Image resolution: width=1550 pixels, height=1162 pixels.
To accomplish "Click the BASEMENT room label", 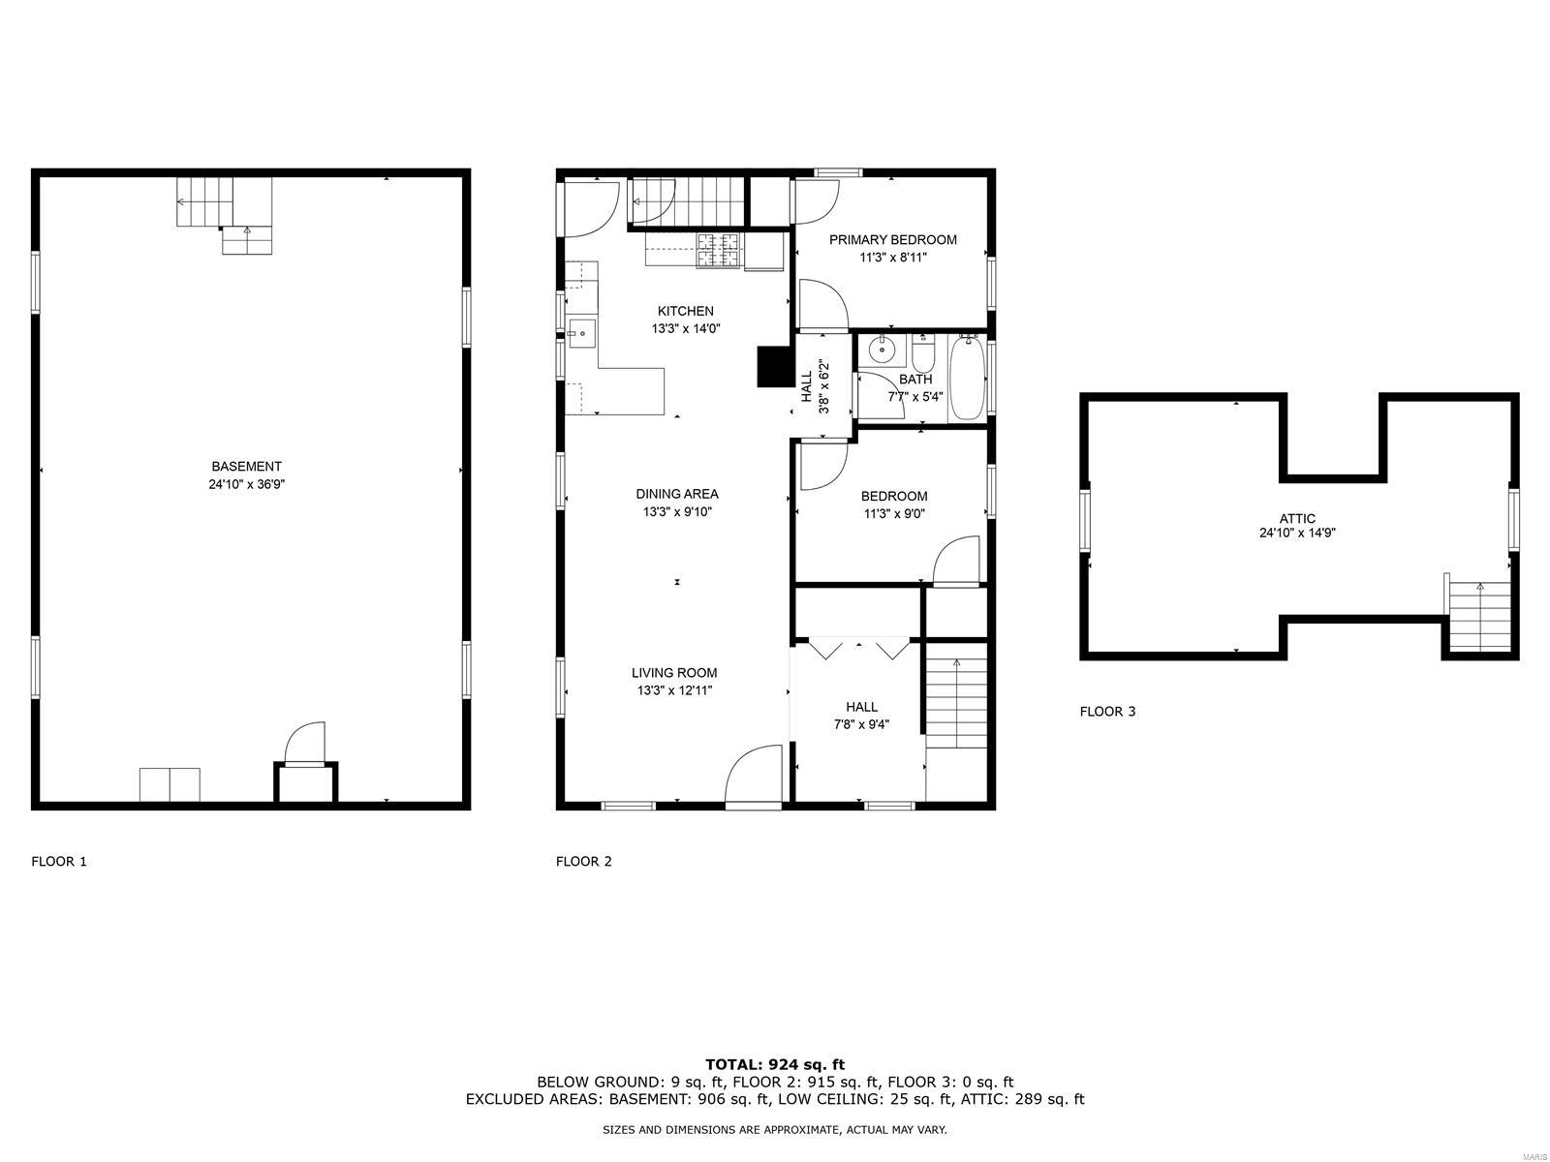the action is point(246,467).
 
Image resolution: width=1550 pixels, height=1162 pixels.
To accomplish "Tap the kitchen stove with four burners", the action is point(720,251).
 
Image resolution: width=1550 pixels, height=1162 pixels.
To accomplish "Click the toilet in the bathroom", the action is point(923,354).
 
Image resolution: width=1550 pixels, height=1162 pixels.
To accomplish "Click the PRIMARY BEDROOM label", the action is point(892,240).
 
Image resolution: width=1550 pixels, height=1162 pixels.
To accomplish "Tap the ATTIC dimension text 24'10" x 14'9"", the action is point(1297,534).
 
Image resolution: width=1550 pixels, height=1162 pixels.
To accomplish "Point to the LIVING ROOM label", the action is point(673,673).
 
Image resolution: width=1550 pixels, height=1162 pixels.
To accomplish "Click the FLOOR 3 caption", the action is point(1107,711).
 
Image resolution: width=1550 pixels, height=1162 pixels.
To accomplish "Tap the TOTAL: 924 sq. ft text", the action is point(775,1064).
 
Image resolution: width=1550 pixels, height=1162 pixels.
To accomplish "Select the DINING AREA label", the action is point(676,494).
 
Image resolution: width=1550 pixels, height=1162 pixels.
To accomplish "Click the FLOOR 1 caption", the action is point(59,861).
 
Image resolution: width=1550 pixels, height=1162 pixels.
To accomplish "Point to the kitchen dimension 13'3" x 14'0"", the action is point(685,329).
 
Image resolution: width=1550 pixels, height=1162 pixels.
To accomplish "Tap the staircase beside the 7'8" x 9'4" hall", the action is point(956,703).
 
